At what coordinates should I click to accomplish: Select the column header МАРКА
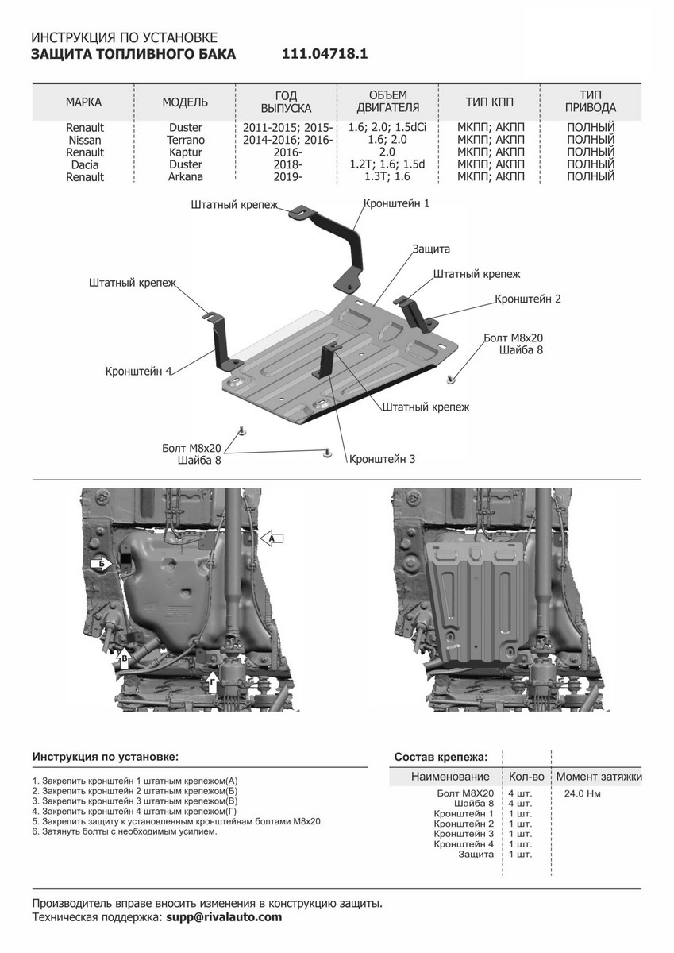point(83,102)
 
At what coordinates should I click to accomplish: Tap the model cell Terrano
point(185,140)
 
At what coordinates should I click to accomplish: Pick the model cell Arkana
point(185,177)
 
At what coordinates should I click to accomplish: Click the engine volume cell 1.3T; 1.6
point(387,177)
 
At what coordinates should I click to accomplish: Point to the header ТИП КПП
point(489,102)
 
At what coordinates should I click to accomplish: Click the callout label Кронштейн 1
point(396,203)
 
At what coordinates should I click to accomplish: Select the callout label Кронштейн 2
point(528,299)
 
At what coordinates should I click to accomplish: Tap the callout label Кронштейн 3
point(382,459)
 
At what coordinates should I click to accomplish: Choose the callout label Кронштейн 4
point(138,371)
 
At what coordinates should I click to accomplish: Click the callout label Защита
point(431,249)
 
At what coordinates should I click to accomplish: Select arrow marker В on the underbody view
point(125,656)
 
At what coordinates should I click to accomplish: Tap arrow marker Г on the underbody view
point(211,679)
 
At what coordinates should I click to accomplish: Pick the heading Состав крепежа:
point(441,756)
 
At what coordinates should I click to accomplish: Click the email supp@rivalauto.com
point(224,917)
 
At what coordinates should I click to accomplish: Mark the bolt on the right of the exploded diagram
point(450,380)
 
